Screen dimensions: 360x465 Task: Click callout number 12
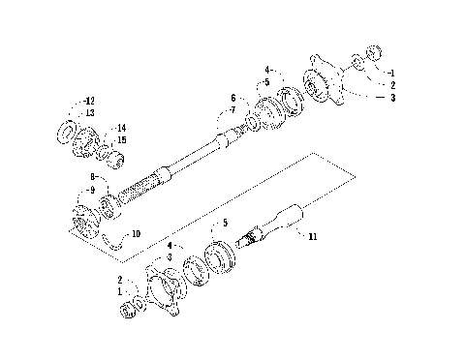[x=89, y=101]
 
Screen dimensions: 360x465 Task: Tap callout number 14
[x=121, y=128]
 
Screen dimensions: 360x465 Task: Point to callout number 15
[x=121, y=139]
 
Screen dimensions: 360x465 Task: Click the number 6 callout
[x=233, y=98]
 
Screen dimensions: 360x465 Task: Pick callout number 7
[x=233, y=110]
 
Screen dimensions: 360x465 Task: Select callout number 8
[x=91, y=178]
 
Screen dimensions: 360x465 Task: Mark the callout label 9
[x=91, y=190]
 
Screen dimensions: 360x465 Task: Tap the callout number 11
[x=311, y=235]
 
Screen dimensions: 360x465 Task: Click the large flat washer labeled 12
[x=71, y=131]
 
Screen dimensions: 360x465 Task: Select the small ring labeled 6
[x=250, y=125]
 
